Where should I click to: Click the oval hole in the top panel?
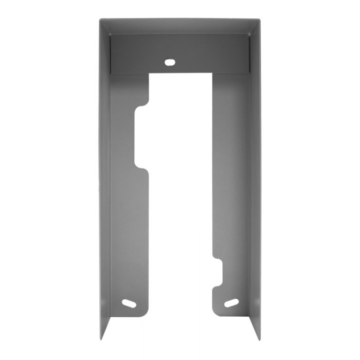click(x=169, y=62)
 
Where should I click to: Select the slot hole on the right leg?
click(x=231, y=303)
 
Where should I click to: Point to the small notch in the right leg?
click(x=218, y=273)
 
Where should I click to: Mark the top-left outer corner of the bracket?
click(x=99, y=20)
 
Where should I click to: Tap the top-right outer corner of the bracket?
click(x=260, y=20)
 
